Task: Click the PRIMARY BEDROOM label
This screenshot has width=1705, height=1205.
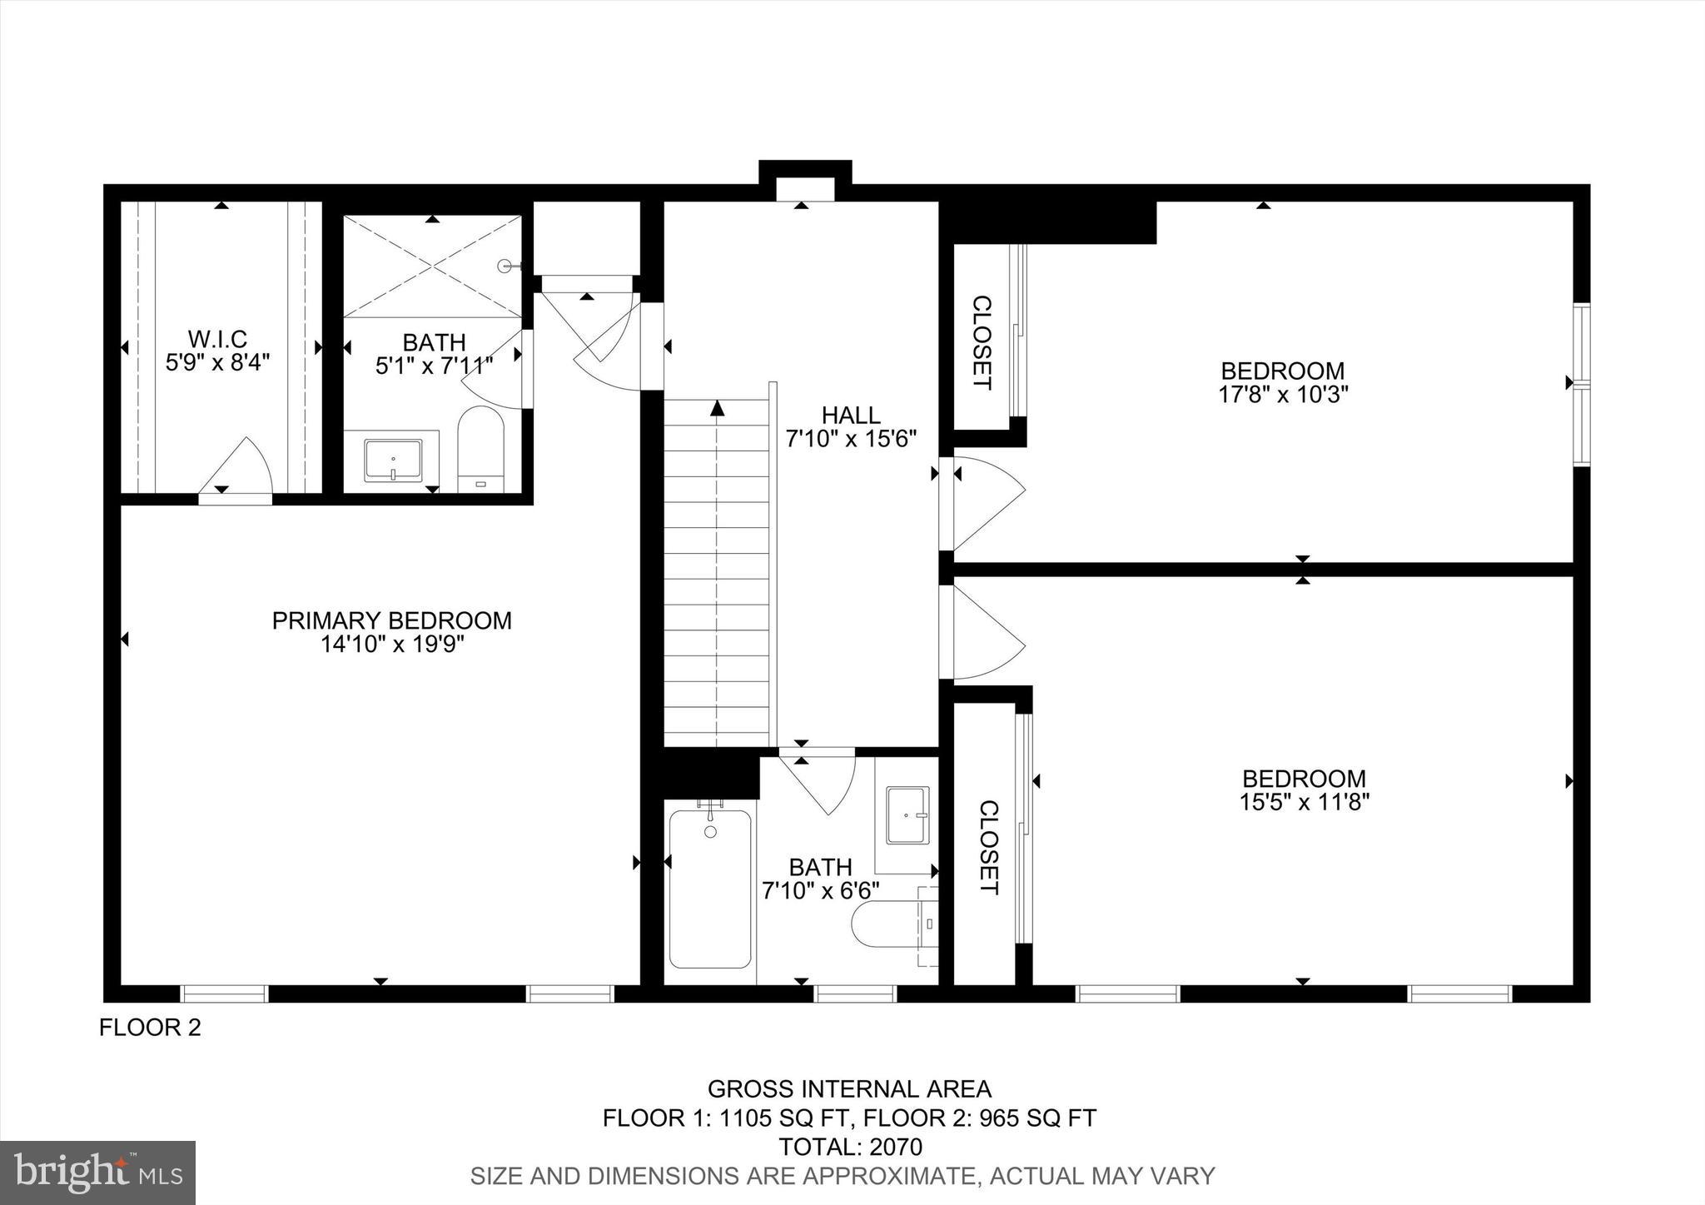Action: click(x=391, y=620)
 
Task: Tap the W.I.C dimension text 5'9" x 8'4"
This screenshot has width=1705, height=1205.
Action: click(x=217, y=362)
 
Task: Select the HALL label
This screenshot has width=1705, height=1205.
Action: click(x=851, y=415)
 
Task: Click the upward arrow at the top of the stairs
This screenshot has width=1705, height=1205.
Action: click(x=717, y=407)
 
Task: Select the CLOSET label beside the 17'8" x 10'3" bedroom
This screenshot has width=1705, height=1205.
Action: click(x=982, y=342)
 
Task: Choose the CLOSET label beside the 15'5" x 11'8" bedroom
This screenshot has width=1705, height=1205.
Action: click(x=987, y=847)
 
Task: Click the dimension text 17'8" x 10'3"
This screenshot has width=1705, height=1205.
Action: click(x=1283, y=394)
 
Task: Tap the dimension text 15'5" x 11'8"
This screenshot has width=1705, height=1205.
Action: click(x=1304, y=802)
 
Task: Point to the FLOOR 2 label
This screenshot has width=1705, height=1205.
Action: click(x=150, y=1028)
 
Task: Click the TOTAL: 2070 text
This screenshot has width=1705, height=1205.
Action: click(x=850, y=1147)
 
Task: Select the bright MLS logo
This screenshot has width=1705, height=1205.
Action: click(x=98, y=1173)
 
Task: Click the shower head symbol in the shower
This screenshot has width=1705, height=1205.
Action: click(x=505, y=266)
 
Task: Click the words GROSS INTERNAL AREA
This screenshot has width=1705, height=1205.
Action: click(x=849, y=1088)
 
